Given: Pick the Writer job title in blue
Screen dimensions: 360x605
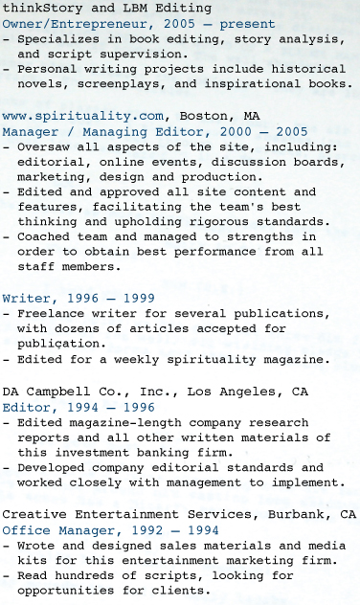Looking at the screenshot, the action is click(26, 298).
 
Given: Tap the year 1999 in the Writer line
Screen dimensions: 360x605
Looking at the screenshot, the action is click(137, 298).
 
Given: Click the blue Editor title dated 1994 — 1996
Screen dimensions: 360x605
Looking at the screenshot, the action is click(26, 406).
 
